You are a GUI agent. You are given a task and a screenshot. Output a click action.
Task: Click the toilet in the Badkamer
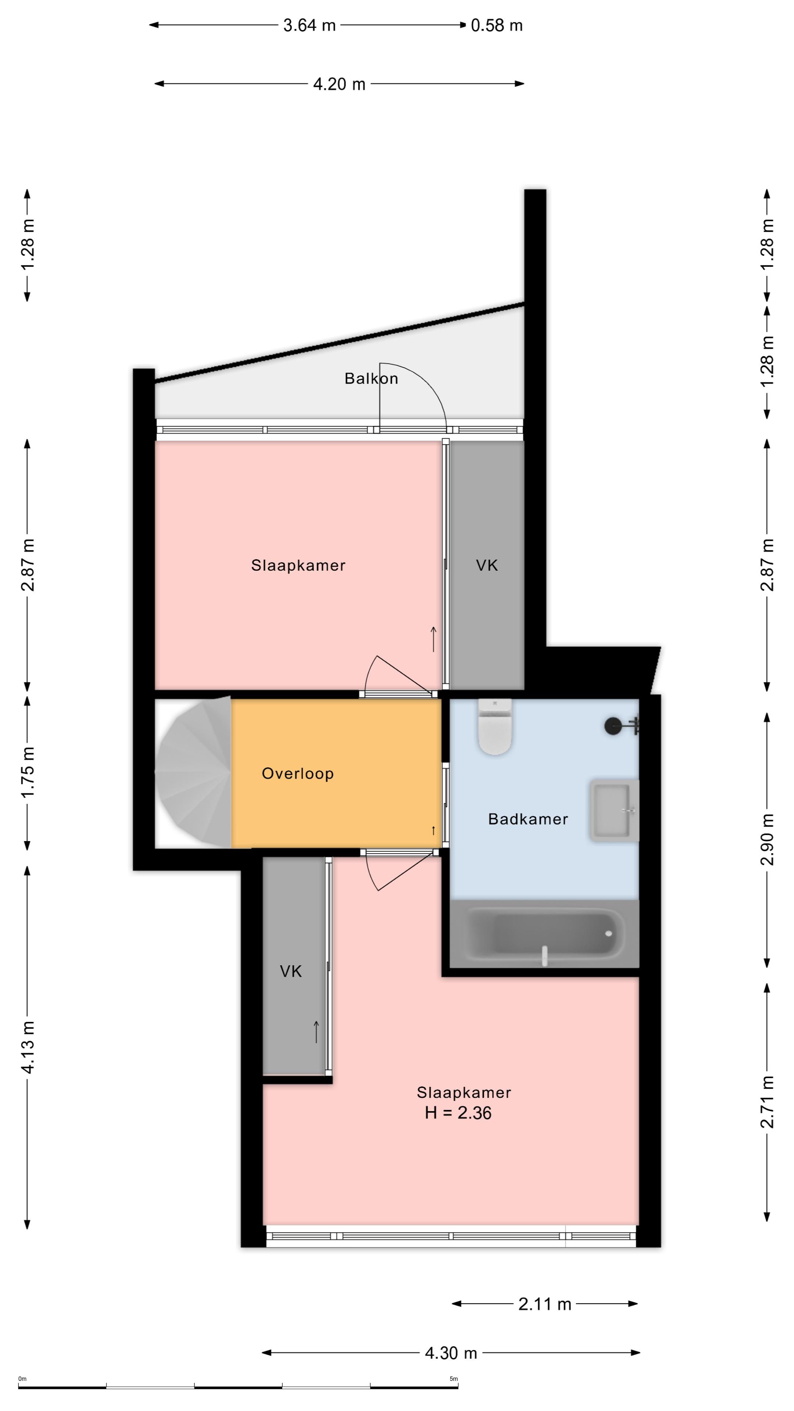(x=494, y=726)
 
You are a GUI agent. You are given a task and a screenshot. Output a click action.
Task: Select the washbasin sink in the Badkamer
(x=614, y=811)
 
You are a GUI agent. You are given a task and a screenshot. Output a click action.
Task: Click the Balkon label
(x=371, y=378)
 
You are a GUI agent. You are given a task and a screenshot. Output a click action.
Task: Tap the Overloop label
(x=297, y=773)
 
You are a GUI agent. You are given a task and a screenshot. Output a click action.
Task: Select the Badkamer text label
(x=528, y=819)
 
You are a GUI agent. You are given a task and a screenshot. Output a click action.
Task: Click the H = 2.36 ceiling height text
(x=458, y=1113)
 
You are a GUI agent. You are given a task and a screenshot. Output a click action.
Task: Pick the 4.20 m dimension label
(x=339, y=85)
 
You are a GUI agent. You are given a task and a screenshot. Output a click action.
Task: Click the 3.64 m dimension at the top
(x=309, y=26)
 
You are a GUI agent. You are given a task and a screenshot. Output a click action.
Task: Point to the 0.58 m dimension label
(x=497, y=26)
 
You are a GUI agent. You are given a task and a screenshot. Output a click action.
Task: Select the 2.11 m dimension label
(x=545, y=1304)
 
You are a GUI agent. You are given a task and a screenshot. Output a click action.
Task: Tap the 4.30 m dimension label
(x=451, y=1353)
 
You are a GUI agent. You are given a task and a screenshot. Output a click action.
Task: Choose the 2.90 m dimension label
(x=767, y=839)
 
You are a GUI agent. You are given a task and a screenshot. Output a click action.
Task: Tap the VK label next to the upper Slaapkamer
(x=487, y=565)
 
